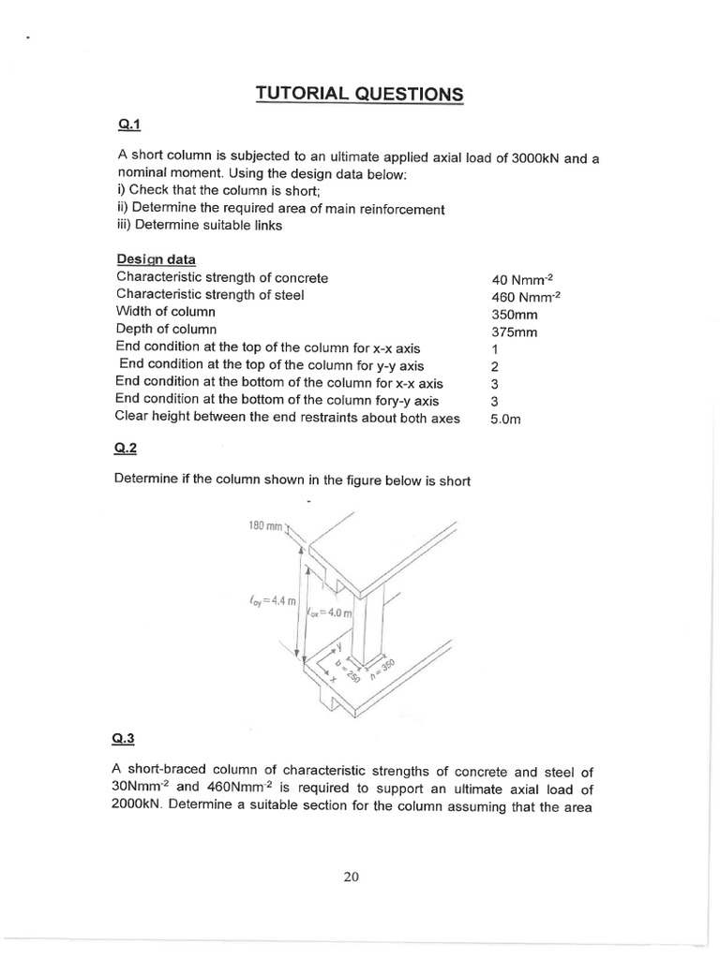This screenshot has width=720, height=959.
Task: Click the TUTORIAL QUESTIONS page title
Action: (x=360, y=94)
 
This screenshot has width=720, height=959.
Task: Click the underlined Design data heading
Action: (x=157, y=258)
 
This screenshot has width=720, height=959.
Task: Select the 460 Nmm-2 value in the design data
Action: (x=527, y=298)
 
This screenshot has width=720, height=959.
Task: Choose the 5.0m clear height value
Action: (x=505, y=420)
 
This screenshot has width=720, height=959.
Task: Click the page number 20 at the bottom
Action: (x=352, y=877)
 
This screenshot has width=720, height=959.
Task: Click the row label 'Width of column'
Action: (x=166, y=311)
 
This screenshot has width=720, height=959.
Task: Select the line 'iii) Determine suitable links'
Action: (x=201, y=226)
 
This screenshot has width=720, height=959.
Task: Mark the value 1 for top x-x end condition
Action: (x=495, y=349)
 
